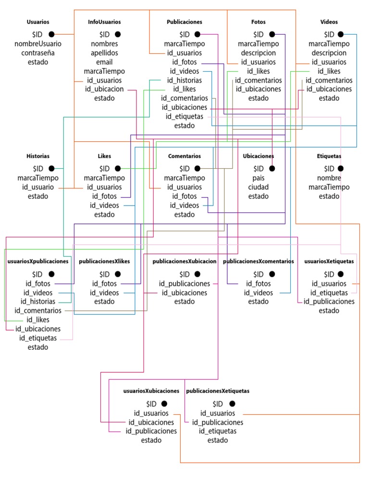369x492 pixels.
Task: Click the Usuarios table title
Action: click(x=38, y=22)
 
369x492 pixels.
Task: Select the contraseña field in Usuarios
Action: click(x=38, y=53)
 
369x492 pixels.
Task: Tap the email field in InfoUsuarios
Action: click(x=104, y=62)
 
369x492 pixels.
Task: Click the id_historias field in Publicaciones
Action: click(x=184, y=80)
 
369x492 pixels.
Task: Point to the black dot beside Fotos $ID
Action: click(x=272, y=34)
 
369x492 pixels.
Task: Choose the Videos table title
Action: click(x=329, y=22)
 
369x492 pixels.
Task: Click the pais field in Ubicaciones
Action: click(x=258, y=178)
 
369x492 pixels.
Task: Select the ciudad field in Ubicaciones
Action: click(x=258, y=187)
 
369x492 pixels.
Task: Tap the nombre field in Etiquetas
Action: click(x=329, y=178)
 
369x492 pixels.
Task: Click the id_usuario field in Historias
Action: click(x=38, y=187)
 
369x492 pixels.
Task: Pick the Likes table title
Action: click(x=104, y=156)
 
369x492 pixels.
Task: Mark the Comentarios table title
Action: click(x=184, y=156)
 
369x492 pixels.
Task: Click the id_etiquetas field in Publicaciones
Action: click(x=184, y=116)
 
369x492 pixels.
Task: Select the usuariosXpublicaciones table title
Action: click(x=38, y=261)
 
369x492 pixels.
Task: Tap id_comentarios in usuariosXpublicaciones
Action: click(x=38, y=311)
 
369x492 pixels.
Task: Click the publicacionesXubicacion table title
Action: click(x=184, y=261)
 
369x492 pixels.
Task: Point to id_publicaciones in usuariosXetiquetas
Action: click(x=329, y=302)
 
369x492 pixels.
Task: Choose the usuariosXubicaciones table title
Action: click(x=151, y=391)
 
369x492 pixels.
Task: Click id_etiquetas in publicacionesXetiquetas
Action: click(x=218, y=431)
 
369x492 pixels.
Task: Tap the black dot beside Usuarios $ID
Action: click(x=51, y=34)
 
